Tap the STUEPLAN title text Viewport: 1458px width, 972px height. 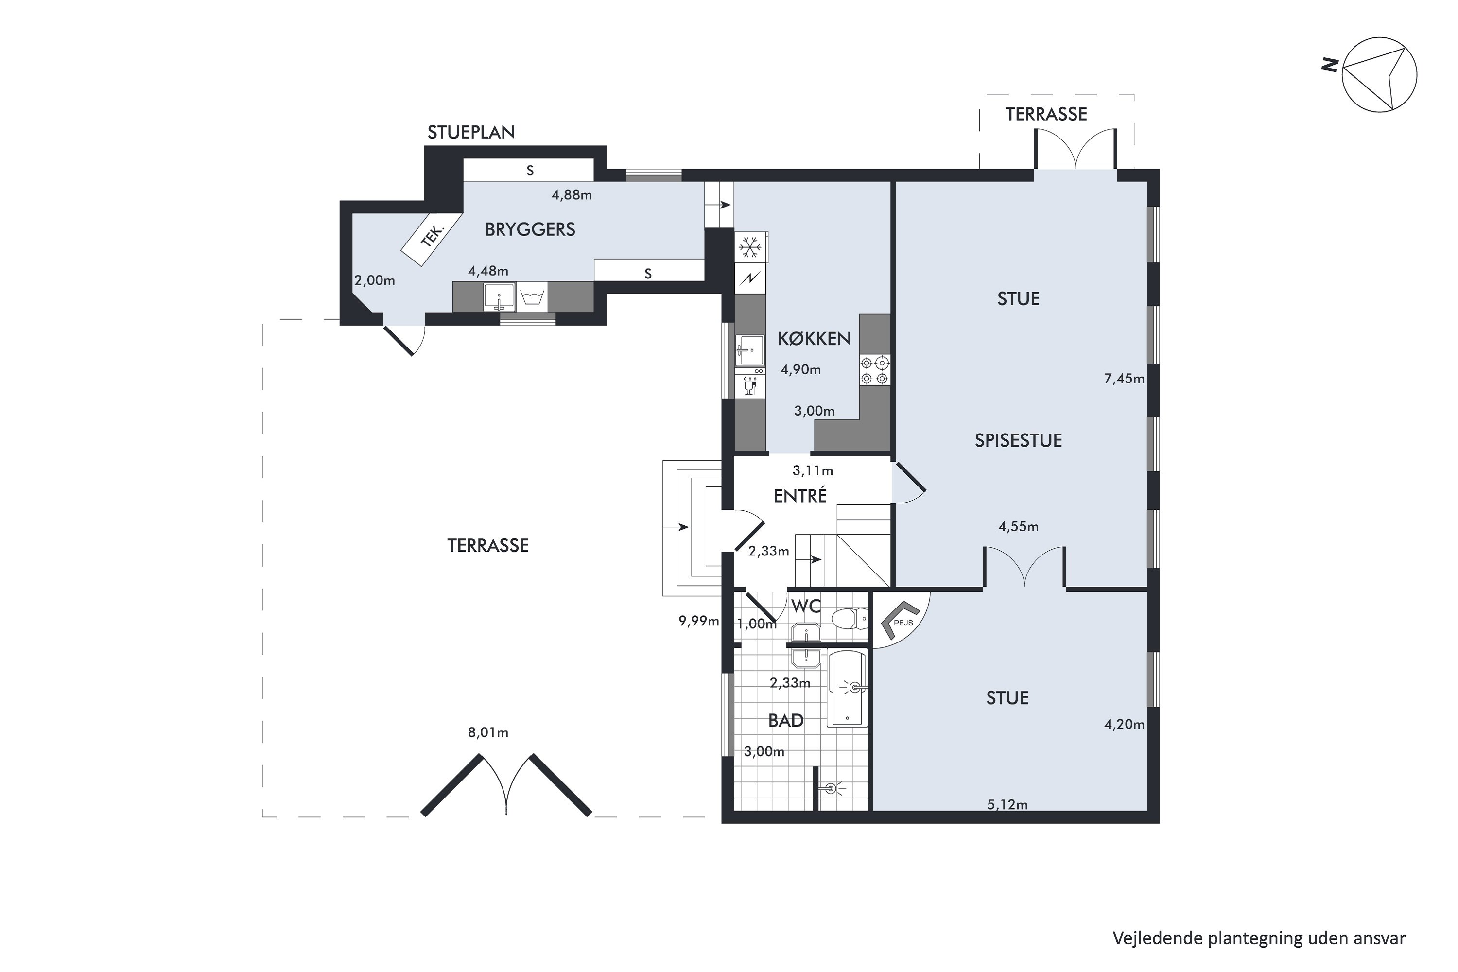pos(471,132)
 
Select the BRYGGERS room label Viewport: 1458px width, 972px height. pos(530,229)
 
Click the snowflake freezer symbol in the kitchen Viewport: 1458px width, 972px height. pos(750,247)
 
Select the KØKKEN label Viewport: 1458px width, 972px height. pos(815,338)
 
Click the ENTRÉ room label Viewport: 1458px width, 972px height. pos(800,496)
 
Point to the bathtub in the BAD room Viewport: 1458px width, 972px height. pos(847,689)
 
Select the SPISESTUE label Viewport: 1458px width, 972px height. pos(1019,440)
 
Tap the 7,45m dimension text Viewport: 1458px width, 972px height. pos(1124,379)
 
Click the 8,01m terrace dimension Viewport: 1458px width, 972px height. pos(488,733)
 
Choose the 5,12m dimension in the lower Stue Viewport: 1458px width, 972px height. pos(1007,805)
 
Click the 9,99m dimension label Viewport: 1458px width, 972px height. pos(699,621)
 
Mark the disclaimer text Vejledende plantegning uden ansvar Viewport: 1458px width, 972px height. pos(1259,938)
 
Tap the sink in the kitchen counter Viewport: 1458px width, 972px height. pos(750,351)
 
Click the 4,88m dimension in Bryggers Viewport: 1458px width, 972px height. pos(572,195)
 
